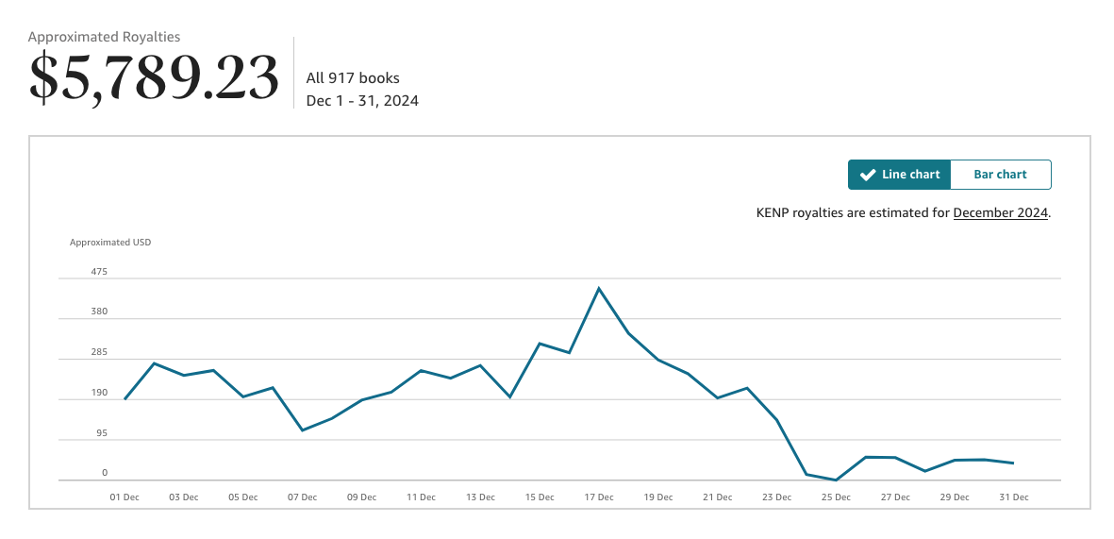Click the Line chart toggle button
click(x=899, y=175)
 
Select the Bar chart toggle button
click(x=1000, y=175)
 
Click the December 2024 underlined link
click(x=1001, y=212)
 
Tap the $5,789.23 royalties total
click(x=155, y=77)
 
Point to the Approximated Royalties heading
click(x=104, y=37)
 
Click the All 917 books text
click(x=353, y=78)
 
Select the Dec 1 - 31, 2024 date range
click(x=362, y=100)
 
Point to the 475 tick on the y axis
click(x=99, y=272)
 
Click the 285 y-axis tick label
click(x=99, y=352)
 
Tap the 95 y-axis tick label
click(x=101, y=433)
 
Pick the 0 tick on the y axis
click(x=105, y=473)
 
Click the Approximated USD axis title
click(x=110, y=243)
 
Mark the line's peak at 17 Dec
click(x=599, y=288)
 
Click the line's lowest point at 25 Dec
click(x=836, y=480)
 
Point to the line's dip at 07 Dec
click(x=302, y=430)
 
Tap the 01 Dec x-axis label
click(x=125, y=497)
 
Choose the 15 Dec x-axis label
click(x=540, y=497)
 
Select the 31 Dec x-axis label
click(x=1013, y=497)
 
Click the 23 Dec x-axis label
click(x=776, y=497)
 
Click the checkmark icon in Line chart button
click(x=868, y=175)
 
